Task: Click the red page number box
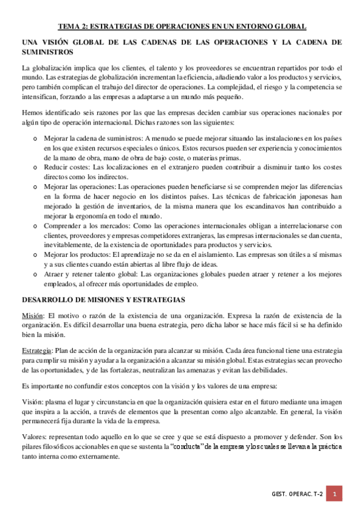334,494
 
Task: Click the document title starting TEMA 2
182,26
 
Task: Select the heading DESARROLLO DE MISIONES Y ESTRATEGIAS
100,300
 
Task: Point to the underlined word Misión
32,316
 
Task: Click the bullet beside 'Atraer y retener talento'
35,274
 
